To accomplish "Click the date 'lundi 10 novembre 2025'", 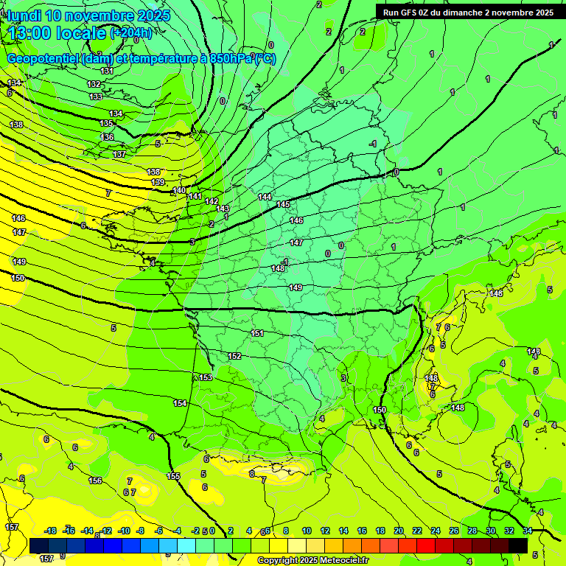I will point(88,15).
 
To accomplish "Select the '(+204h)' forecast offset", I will point(131,32).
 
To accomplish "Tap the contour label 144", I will point(265,197).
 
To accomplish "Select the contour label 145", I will point(283,204).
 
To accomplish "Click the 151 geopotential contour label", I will point(257,333).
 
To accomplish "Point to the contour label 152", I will point(234,356).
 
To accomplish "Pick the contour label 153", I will point(206,377).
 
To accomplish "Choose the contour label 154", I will point(180,403).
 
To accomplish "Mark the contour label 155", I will point(173,476).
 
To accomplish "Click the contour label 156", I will point(95,481).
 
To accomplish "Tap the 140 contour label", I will point(179,190).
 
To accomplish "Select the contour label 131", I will point(108,71).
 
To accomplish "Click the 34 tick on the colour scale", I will point(527,531).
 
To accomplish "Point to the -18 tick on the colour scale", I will point(50,531).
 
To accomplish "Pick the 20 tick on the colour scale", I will point(399,531).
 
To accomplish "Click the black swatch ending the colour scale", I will point(518,545).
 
